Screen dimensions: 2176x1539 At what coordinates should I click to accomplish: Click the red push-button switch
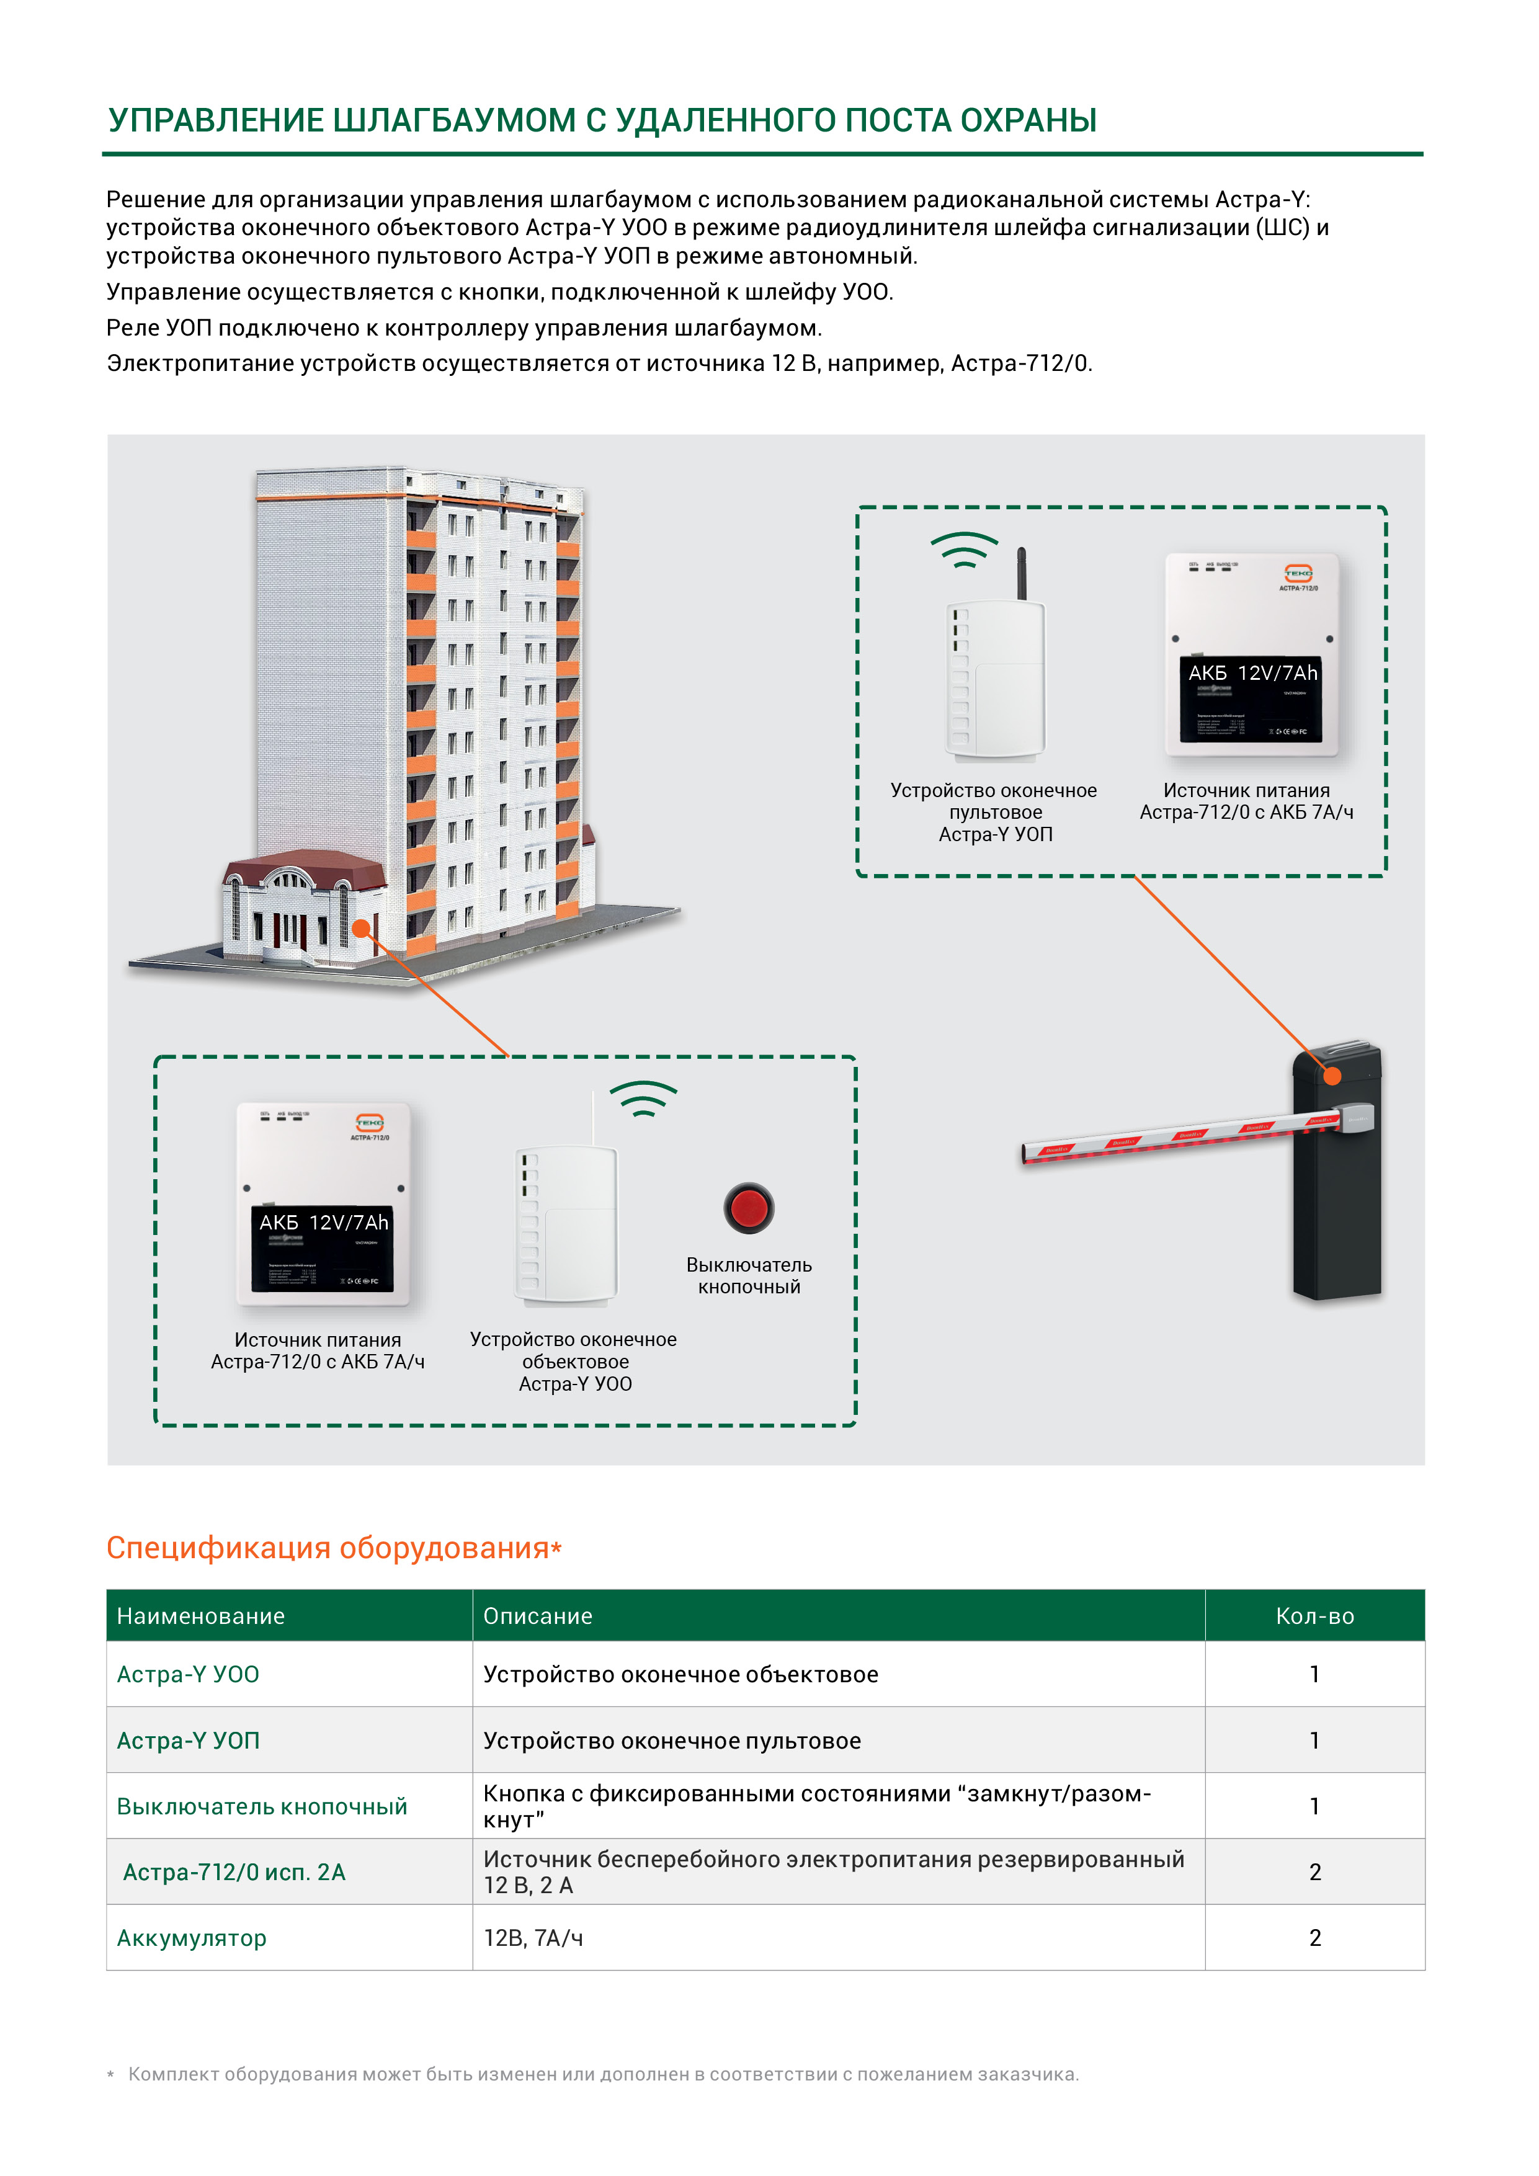point(749,1208)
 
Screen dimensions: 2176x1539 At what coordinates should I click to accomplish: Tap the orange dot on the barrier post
point(1332,1076)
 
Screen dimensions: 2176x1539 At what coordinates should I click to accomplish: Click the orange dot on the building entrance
point(361,929)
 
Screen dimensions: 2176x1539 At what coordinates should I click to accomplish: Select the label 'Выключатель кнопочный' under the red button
point(749,1276)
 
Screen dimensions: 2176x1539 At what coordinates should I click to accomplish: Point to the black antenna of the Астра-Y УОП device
point(1022,573)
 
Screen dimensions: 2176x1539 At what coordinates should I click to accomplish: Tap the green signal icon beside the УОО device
point(643,1099)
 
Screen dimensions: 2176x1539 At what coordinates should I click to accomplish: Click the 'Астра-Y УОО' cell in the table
point(187,1675)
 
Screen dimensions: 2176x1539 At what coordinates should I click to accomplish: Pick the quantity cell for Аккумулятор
point(1314,1938)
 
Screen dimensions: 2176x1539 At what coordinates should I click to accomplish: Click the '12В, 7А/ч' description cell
point(533,1938)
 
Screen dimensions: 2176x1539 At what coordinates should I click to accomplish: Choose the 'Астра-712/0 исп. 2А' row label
point(234,1872)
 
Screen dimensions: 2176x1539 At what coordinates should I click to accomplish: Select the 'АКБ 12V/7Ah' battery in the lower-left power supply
point(323,1246)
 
